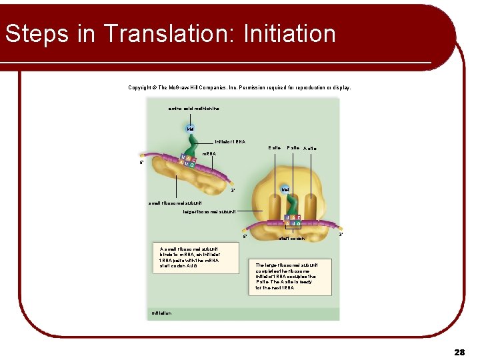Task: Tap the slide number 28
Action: pos(459,351)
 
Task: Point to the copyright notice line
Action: pos(239,87)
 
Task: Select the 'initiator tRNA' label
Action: pos(230,141)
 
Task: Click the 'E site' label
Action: pos(274,147)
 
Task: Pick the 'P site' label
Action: pos(293,147)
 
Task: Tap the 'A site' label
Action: pos(311,148)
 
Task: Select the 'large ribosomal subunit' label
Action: pos(209,211)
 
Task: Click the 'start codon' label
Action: pos(292,238)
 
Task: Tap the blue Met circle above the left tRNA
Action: pos(190,127)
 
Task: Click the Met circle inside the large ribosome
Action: pos(285,190)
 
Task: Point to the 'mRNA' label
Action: pos(209,154)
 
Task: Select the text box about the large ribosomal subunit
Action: pos(287,276)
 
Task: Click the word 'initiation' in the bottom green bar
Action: pos(162,312)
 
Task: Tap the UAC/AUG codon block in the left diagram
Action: pos(189,161)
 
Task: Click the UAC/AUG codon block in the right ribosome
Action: pos(292,221)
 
